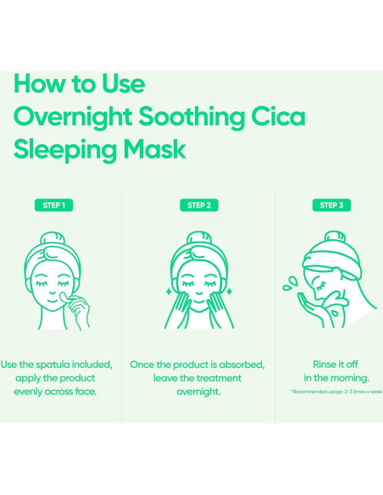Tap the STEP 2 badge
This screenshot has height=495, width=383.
click(x=197, y=205)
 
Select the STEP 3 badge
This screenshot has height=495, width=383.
click(x=332, y=205)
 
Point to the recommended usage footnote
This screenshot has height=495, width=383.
click(x=336, y=392)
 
